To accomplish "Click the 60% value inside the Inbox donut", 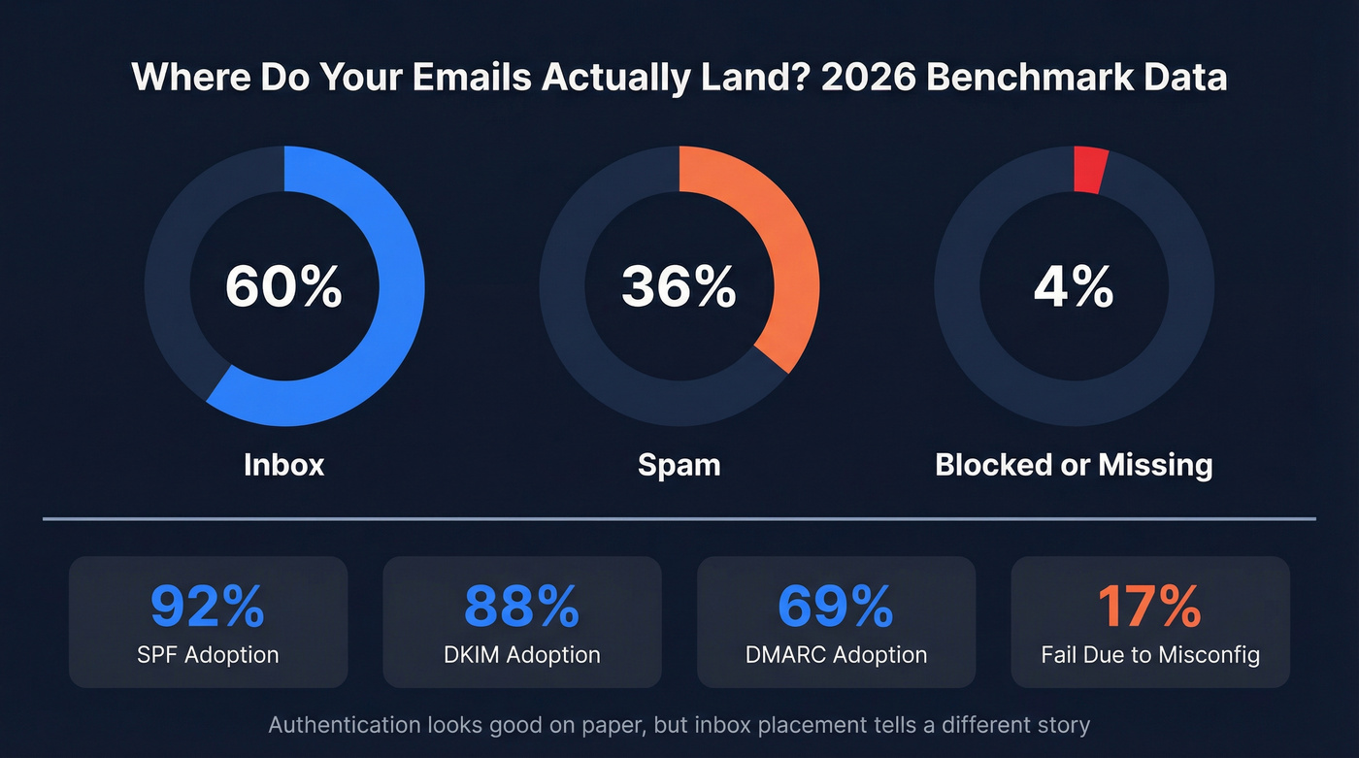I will [283, 287].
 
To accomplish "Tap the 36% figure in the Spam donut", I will [679, 287].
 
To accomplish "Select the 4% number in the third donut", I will [1074, 287].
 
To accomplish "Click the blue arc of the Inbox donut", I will [393, 320].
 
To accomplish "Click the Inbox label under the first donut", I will [283, 465].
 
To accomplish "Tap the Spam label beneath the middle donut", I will [679, 465].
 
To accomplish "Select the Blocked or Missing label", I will [1074, 465].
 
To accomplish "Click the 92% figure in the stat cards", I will [208, 607].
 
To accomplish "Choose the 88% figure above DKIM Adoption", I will [521, 607].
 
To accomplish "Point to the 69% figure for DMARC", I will [836, 607].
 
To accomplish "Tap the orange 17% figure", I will [1149, 607].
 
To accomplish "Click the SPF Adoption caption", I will [208, 654].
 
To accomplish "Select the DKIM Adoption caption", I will [521, 654].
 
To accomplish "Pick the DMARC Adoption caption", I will [836, 654].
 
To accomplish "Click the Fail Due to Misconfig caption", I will [1150, 654].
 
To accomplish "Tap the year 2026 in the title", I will [867, 78].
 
